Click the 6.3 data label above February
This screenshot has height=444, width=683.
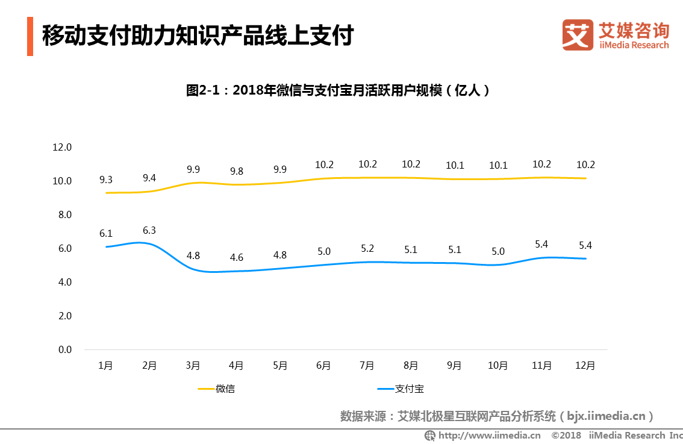coord(149,230)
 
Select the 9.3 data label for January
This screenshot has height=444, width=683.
coord(106,180)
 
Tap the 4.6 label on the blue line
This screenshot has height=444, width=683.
coord(236,258)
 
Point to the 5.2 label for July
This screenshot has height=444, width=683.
coord(367,249)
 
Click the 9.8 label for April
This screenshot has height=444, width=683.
coord(236,171)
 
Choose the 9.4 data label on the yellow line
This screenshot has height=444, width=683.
coord(149,178)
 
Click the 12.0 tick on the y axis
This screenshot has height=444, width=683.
coord(62,147)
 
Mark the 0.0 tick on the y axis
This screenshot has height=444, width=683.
coord(64,349)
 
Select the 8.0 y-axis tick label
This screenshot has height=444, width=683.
coord(64,214)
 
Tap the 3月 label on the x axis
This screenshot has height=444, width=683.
coord(193,366)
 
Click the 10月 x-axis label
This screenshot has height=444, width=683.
coord(497,366)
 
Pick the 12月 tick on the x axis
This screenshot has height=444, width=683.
coord(585,366)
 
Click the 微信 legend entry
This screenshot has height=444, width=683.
coord(225,389)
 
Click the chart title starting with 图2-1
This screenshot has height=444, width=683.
coord(337,91)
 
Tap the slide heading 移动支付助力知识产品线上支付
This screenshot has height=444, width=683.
coord(198,36)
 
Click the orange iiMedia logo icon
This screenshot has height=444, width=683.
coord(578,34)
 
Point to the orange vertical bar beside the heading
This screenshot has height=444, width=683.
coord(30,37)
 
